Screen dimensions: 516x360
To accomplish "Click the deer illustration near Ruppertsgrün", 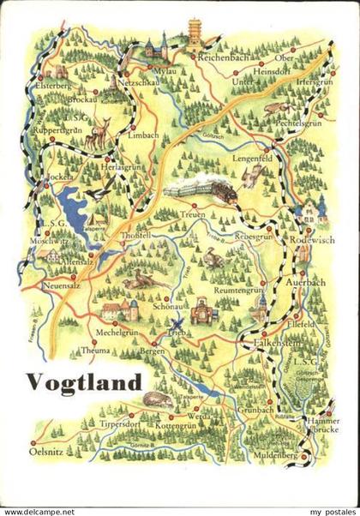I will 99,133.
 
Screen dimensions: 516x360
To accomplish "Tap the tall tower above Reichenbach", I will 194,33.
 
